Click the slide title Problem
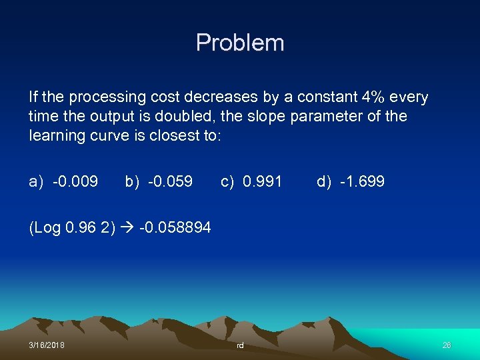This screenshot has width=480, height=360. pyautogui.click(x=240, y=43)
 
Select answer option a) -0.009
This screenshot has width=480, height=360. pyautogui.click(x=63, y=181)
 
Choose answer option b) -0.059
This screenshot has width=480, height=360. pyautogui.click(x=159, y=181)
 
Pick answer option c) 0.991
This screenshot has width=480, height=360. pyautogui.click(x=251, y=181)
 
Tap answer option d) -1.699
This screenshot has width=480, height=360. pyautogui.click(x=351, y=181)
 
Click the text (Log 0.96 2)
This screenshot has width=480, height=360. pyautogui.click(x=71, y=228)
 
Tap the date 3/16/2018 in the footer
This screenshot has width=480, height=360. pyautogui.click(x=47, y=345)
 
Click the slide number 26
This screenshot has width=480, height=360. pyautogui.click(x=447, y=345)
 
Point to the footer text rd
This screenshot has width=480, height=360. pyautogui.click(x=240, y=345)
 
